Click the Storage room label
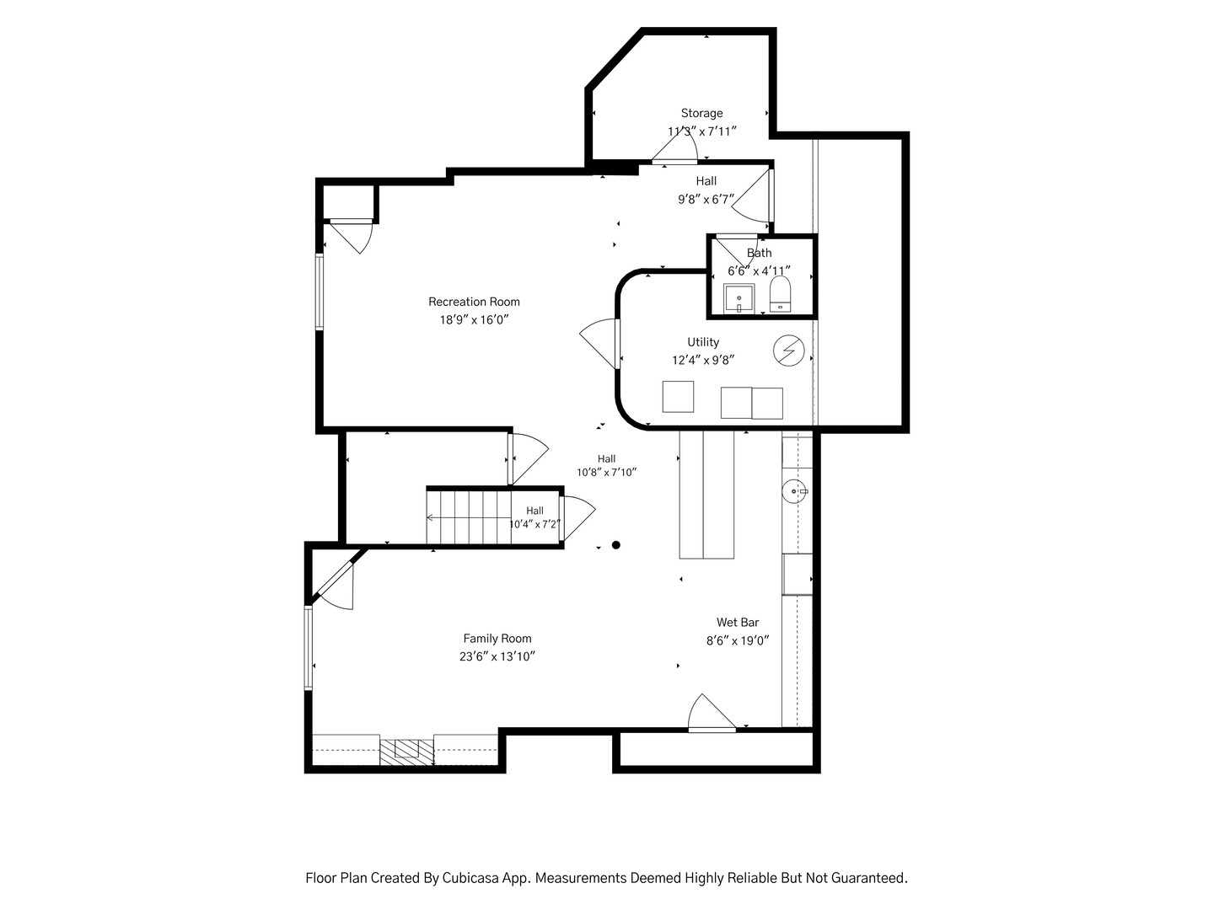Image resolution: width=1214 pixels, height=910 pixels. tap(701, 113)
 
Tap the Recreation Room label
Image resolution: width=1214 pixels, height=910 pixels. tap(474, 302)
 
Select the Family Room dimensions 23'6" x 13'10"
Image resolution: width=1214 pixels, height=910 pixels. tap(497, 656)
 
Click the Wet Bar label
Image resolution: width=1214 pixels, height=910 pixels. tap(737, 622)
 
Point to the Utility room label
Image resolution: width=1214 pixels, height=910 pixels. tap(703, 342)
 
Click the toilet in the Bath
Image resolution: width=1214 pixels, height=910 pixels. tap(780, 293)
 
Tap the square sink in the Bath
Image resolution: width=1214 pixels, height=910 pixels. tap(739, 299)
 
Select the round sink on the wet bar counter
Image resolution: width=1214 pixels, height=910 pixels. tap(794, 490)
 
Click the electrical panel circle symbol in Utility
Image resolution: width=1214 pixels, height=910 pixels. tap(789, 351)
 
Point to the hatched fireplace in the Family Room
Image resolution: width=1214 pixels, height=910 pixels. tap(406, 752)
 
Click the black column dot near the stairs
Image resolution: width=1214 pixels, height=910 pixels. tap(615, 545)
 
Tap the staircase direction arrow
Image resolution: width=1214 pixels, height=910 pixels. tap(469, 517)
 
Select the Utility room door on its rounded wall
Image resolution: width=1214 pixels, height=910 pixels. tap(600, 343)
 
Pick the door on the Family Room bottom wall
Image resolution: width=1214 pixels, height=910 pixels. tap(712, 714)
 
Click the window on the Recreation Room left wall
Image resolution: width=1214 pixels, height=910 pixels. tap(320, 292)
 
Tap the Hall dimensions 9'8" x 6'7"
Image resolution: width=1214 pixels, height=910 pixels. tap(706, 200)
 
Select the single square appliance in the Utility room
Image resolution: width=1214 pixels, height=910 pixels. tap(678, 396)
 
